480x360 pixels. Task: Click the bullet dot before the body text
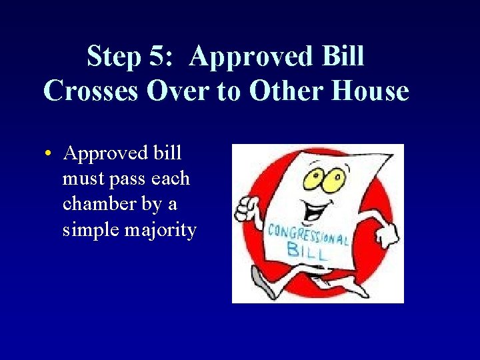[x=49, y=154]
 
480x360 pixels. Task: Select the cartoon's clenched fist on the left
[x=247, y=206]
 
